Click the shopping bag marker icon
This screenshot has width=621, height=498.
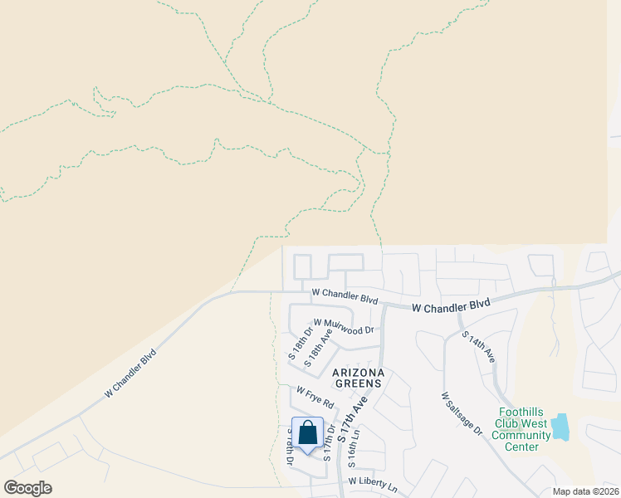[307, 432]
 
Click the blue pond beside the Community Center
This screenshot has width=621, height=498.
[560, 427]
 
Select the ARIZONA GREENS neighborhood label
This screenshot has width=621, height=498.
[357, 378]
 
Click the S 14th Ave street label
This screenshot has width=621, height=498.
[479, 347]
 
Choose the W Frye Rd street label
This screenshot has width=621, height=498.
[315, 396]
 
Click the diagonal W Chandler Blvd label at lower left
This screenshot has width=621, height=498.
[130, 374]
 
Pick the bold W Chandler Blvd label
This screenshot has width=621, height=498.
[451, 306]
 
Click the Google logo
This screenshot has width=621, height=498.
[27, 487]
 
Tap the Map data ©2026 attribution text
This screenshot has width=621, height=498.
[584, 491]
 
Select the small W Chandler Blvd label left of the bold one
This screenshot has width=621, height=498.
[345, 295]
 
